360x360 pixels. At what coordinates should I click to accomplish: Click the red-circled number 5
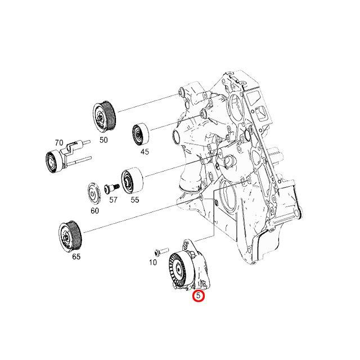click(197, 295)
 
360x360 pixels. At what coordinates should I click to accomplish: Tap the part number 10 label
click(153, 262)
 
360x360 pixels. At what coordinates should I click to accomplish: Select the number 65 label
click(76, 256)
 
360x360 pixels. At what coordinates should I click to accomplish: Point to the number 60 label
click(94, 210)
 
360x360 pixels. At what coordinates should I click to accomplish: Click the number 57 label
click(113, 199)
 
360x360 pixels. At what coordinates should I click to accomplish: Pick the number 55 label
click(135, 199)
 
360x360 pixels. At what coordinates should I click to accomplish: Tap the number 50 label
click(103, 140)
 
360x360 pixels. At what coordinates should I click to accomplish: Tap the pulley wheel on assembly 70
click(55, 163)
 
